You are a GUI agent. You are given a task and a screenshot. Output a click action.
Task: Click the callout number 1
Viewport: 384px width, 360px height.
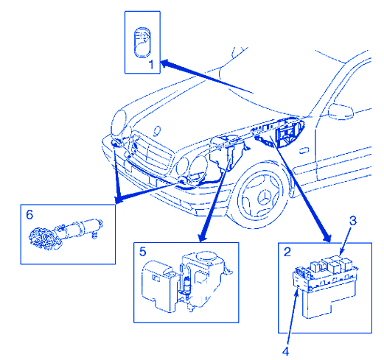(151, 65)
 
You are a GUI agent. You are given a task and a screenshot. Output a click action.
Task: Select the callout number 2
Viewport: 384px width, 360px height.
(287, 252)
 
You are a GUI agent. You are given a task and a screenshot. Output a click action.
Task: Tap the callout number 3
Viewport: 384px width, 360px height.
(353, 221)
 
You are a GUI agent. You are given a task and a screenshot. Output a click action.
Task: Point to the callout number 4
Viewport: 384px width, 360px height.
(285, 351)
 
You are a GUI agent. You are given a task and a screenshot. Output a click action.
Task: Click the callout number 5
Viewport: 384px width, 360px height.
(143, 252)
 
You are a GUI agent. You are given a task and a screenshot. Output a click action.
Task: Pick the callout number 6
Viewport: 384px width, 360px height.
(29, 215)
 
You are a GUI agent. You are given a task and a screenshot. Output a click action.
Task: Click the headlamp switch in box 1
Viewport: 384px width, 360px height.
(142, 43)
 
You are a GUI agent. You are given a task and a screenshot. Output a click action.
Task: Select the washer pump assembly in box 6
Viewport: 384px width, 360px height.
(66, 234)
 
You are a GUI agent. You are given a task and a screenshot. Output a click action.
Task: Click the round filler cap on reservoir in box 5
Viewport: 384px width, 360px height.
(206, 256)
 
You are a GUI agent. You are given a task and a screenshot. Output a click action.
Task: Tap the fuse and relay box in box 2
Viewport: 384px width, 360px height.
(325, 286)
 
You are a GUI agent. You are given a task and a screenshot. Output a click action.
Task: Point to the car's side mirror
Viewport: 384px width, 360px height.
(341, 111)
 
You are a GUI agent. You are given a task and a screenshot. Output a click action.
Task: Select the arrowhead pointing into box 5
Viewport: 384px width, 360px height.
(203, 238)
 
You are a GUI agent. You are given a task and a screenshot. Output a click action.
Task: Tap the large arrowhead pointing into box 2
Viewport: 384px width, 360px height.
(327, 238)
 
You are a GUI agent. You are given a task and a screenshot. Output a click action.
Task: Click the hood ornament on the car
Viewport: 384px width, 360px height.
(157, 130)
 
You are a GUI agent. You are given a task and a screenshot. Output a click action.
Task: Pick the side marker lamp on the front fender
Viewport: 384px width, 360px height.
(304, 150)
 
